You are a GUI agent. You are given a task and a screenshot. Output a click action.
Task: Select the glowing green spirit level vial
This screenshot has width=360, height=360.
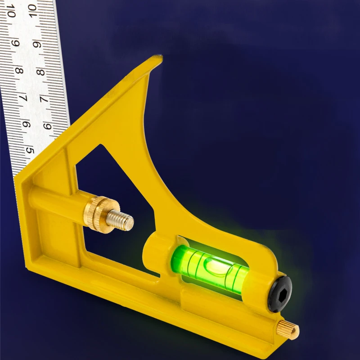point(209,265)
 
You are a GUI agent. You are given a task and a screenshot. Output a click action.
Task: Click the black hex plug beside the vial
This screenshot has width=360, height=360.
point(279,293)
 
